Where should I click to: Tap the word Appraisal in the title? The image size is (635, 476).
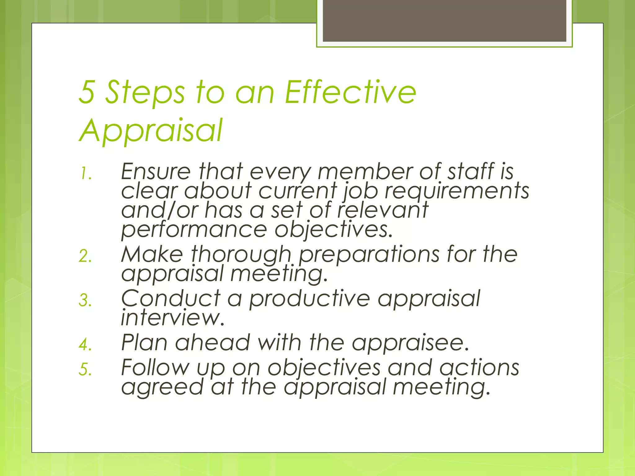click(151, 130)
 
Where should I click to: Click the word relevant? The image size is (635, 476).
click(383, 210)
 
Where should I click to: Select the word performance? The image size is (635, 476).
click(194, 230)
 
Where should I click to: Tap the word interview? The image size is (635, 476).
click(172, 318)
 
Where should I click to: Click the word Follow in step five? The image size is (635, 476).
click(155, 368)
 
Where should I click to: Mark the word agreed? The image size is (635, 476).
click(162, 388)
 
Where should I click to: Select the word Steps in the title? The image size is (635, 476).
click(145, 92)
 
